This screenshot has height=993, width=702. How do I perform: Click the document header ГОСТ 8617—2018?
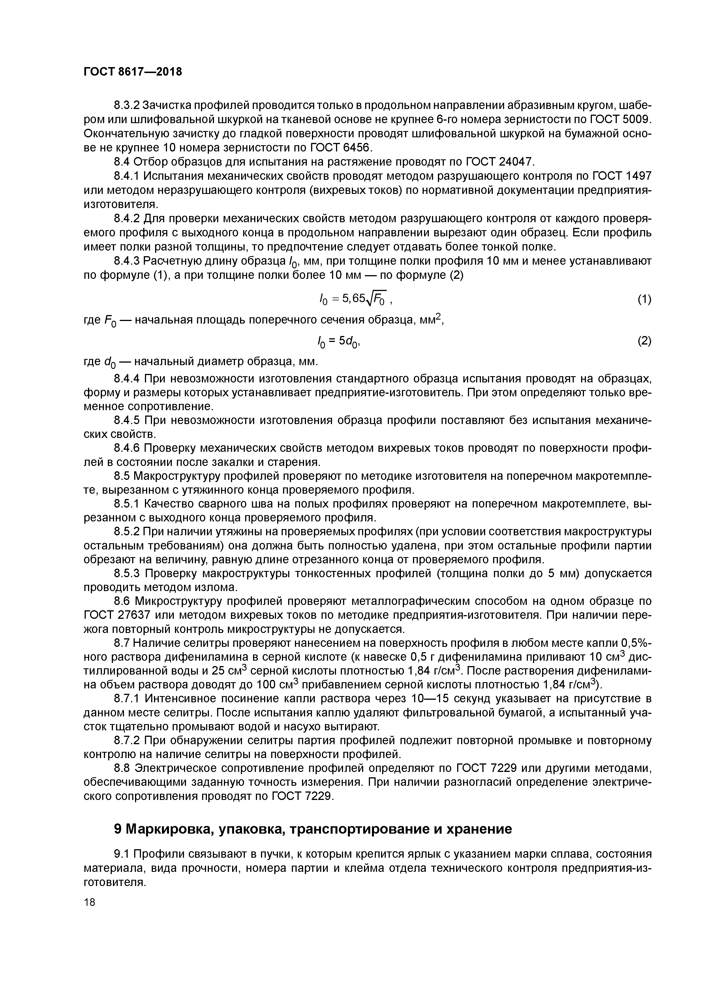coord(132,72)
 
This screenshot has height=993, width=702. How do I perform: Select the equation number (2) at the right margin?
coord(644,341)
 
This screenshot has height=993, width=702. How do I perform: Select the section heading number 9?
coord(118,829)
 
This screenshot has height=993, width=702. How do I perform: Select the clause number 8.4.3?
coord(126,261)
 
